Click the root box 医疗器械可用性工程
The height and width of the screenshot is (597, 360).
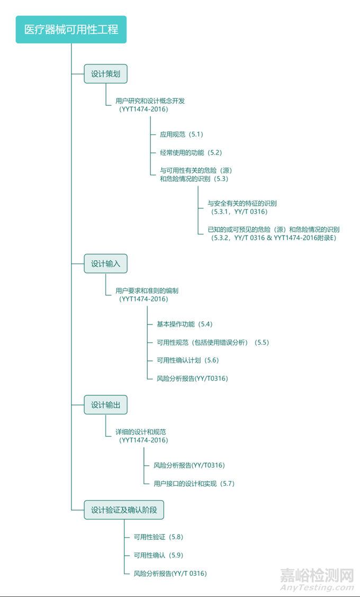(71, 30)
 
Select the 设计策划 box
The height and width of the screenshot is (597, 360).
(106, 74)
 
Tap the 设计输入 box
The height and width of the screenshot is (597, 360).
(106, 264)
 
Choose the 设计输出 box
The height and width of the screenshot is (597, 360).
(106, 405)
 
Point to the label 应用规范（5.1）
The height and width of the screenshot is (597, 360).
(182, 134)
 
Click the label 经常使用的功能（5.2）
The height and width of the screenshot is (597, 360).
(191, 152)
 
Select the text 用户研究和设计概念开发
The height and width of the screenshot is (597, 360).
(150, 101)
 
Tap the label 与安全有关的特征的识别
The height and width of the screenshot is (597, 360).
(242, 203)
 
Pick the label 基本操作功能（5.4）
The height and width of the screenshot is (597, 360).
(184, 324)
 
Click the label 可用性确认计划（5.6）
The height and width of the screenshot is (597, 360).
(187, 360)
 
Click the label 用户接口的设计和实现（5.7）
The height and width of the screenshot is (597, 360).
(194, 484)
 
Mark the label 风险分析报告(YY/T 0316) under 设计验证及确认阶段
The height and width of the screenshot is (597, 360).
(170, 573)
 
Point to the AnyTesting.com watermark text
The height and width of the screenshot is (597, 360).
(317, 588)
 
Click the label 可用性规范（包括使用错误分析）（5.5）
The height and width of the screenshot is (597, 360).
(213, 342)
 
